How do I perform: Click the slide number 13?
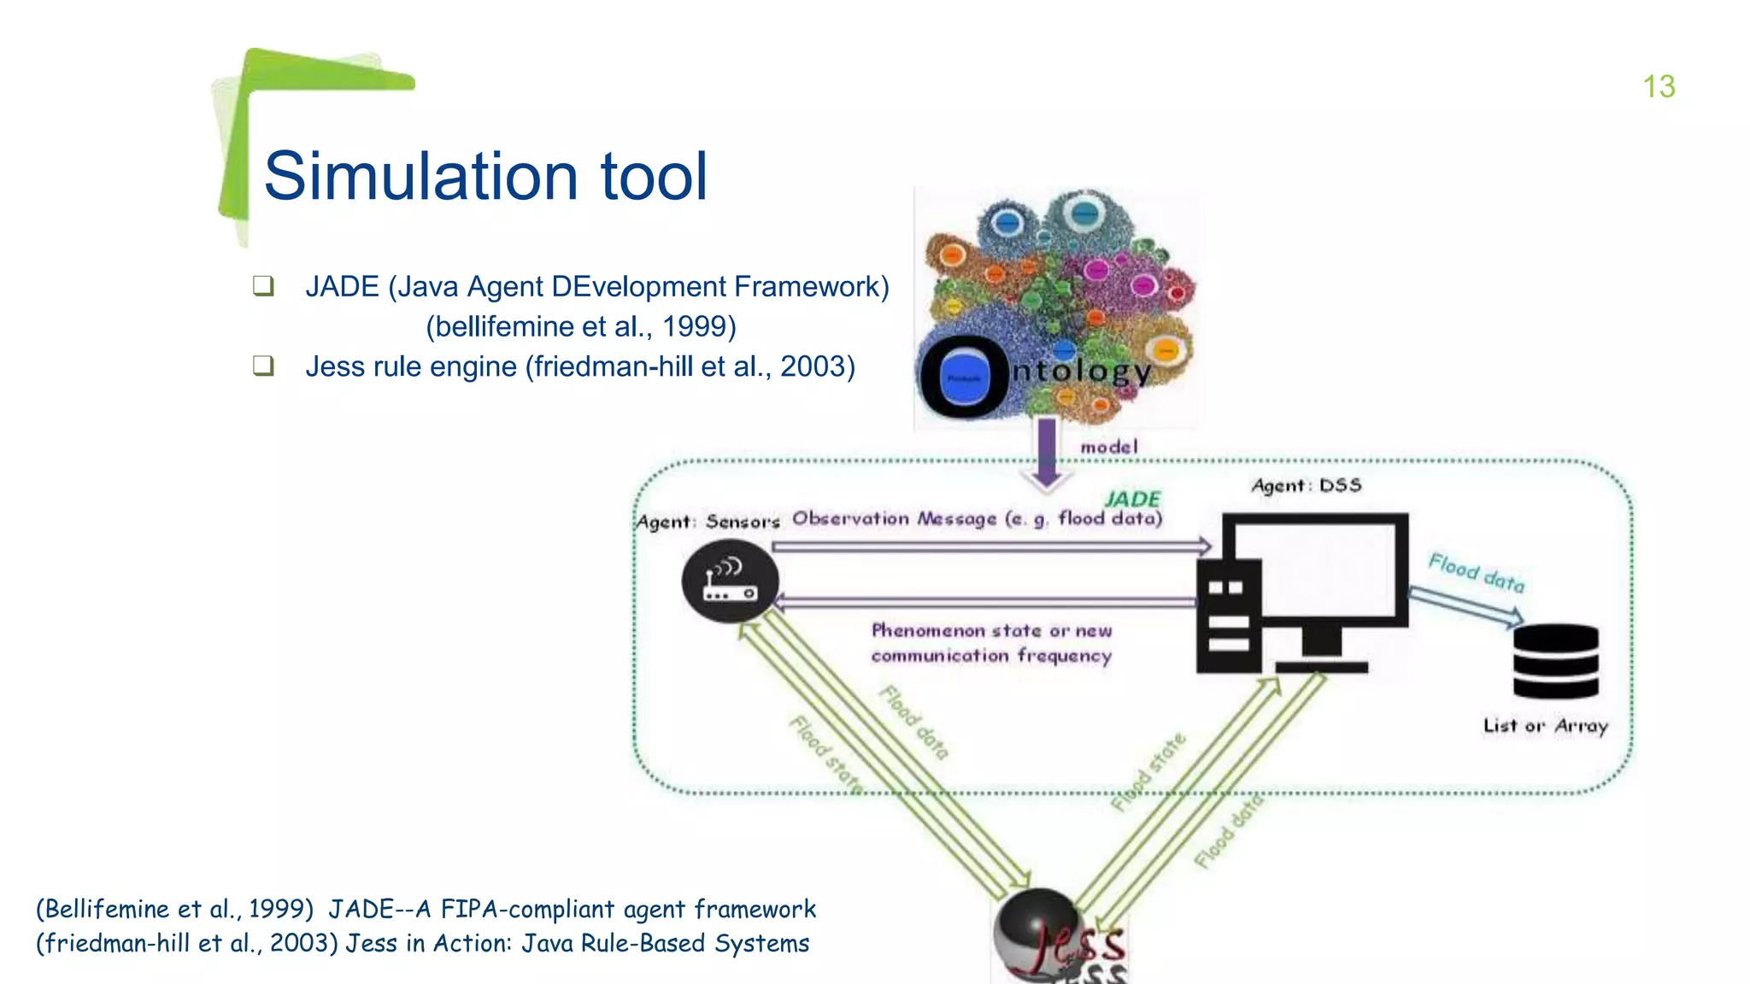(x=1659, y=86)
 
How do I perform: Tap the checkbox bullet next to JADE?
(x=263, y=286)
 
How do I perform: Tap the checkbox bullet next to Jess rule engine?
(x=263, y=366)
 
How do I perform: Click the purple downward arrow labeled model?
(x=1047, y=453)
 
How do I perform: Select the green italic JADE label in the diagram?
(x=1132, y=499)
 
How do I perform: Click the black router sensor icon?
(x=730, y=581)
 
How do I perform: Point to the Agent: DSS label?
(x=1306, y=485)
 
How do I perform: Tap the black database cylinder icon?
(x=1555, y=661)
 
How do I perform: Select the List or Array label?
(x=1545, y=725)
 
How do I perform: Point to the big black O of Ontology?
(x=964, y=377)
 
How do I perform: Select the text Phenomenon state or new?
(x=991, y=630)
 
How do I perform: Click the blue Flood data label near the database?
(x=1476, y=573)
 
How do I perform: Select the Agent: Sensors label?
(x=708, y=521)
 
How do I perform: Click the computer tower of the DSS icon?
(x=1229, y=616)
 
